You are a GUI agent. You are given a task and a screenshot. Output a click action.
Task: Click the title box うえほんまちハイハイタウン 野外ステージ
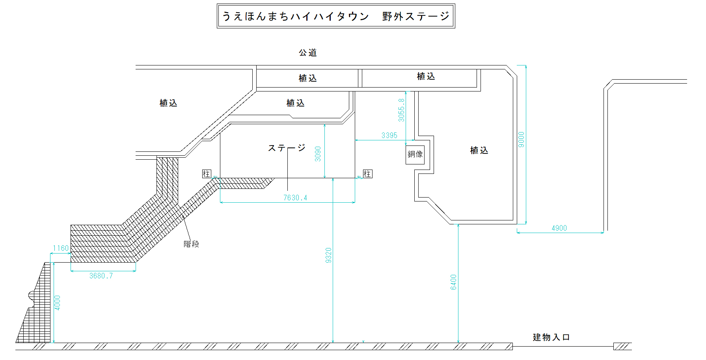(x=336, y=16)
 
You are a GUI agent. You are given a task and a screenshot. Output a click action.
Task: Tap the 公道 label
(x=307, y=52)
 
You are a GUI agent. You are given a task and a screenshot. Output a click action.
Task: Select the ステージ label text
(x=287, y=148)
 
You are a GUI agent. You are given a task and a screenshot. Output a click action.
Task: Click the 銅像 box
(x=415, y=154)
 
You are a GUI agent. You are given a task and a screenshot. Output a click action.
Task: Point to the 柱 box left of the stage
(x=206, y=174)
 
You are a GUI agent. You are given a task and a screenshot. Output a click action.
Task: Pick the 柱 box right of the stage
(x=367, y=174)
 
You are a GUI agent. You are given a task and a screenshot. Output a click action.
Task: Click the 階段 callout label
(x=191, y=244)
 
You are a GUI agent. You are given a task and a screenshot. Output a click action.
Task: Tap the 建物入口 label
(x=551, y=337)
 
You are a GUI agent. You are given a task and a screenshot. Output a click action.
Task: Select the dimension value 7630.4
(x=295, y=198)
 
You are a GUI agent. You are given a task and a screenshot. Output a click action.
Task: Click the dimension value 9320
(x=329, y=255)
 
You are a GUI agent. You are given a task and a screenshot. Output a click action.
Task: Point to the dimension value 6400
(x=454, y=282)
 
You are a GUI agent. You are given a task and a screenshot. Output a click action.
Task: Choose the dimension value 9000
(x=522, y=140)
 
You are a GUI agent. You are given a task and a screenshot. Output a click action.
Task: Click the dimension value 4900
(x=559, y=228)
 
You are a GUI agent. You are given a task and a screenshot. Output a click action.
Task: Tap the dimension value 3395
(x=389, y=135)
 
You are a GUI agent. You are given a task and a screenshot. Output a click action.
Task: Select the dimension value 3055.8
(x=401, y=110)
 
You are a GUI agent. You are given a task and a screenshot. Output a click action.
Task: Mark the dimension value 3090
(x=318, y=154)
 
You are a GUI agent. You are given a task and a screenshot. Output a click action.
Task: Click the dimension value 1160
(x=61, y=248)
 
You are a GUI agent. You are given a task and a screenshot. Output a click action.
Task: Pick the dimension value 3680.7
(x=101, y=276)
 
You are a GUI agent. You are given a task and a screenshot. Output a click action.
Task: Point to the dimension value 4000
(x=58, y=303)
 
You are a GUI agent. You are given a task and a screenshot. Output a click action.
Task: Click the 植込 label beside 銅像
(x=479, y=150)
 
